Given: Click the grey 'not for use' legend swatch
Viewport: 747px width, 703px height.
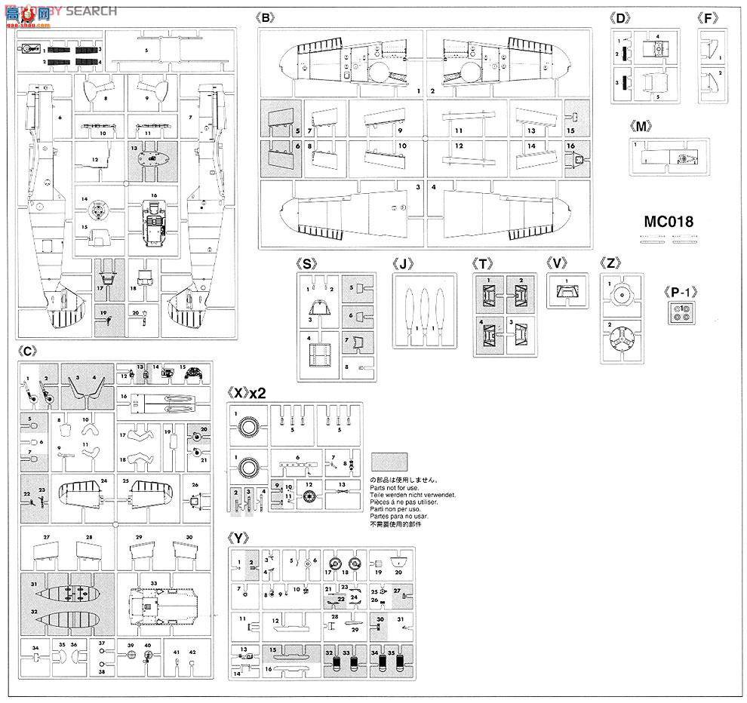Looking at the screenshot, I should [x=389, y=462].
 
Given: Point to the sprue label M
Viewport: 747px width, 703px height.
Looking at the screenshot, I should [x=643, y=126].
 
